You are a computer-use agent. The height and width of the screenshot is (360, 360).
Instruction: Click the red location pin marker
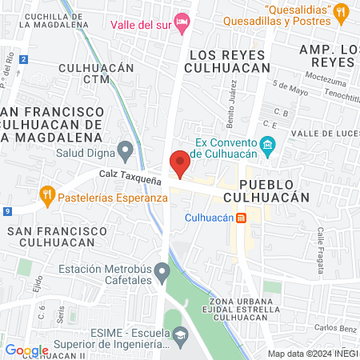(x=181, y=162)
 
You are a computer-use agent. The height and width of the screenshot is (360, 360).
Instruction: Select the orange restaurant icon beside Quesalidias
(x=342, y=11)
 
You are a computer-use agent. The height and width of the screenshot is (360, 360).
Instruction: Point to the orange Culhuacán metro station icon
(x=242, y=218)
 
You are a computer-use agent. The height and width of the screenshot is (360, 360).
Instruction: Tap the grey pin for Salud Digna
(x=125, y=149)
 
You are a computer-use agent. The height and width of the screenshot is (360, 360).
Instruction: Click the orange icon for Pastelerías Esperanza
(x=47, y=194)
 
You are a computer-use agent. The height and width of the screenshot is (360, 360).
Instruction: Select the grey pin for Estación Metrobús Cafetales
(x=162, y=271)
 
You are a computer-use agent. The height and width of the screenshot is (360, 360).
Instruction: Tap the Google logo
(x=26, y=350)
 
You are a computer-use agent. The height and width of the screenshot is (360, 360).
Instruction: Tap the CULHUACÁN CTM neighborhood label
(x=95, y=74)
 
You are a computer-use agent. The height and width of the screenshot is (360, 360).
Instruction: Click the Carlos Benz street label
(x=334, y=328)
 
